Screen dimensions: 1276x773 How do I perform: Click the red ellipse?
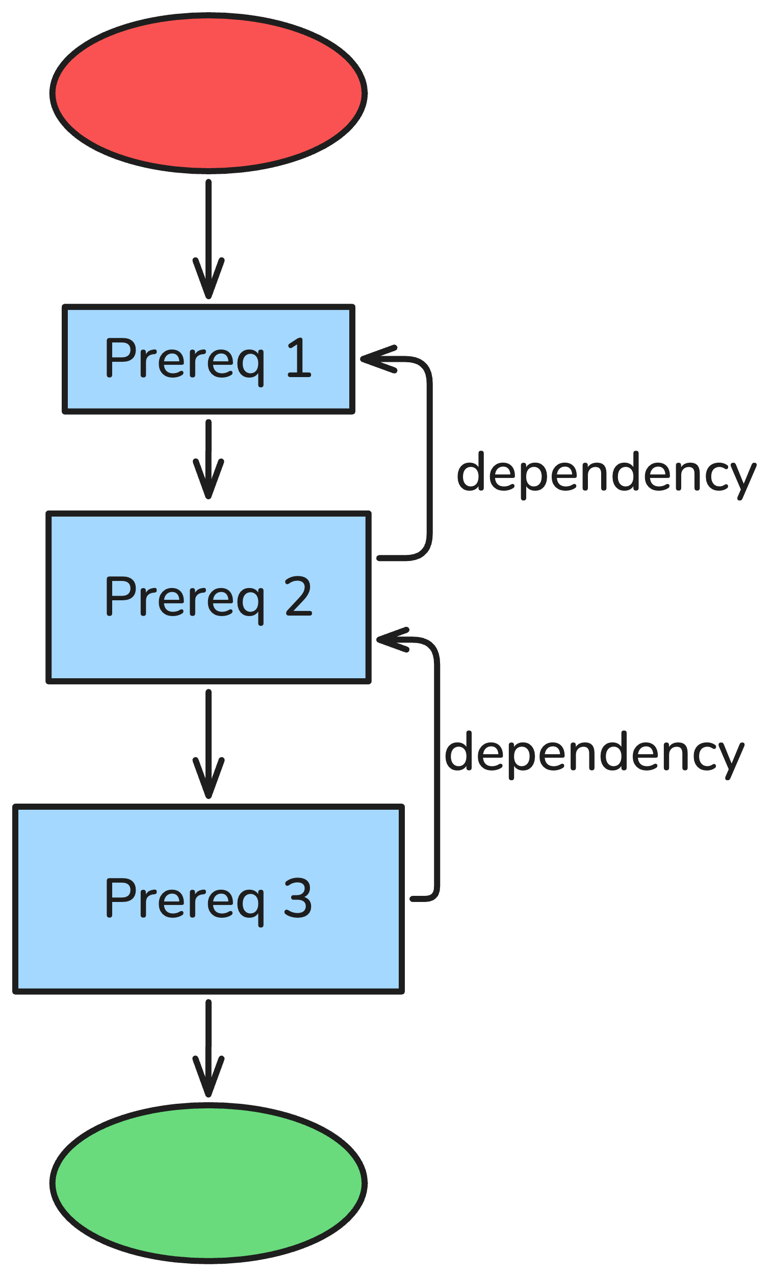point(208,93)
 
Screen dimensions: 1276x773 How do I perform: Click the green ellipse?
point(208,1183)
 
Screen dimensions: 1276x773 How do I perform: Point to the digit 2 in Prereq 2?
point(299,597)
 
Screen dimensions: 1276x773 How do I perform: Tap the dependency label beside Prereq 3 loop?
point(594,754)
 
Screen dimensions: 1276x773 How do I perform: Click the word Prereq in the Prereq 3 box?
point(184,899)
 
